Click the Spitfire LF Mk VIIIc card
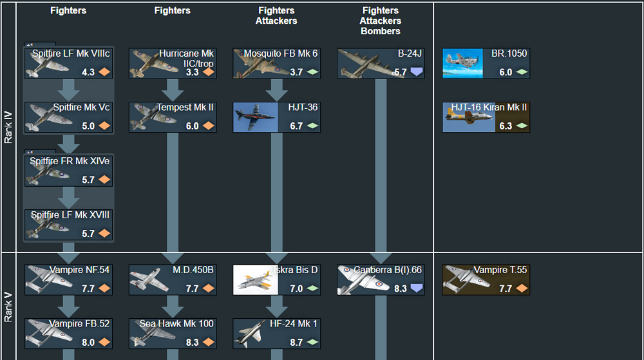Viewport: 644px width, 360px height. click(68, 63)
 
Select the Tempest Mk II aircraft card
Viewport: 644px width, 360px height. click(173, 117)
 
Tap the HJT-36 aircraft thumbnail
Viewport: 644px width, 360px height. click(256, 117)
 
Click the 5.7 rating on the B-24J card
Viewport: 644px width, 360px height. click(401, 72)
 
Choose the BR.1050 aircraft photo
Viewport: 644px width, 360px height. click(462, 63)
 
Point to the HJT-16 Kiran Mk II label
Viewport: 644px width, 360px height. click(489, 108)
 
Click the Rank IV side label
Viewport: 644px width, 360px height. click(8, 128)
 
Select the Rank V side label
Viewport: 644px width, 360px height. click(8, 307)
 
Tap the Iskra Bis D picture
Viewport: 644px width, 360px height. click(256, 279)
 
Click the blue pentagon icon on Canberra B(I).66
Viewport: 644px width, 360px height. click(417, 288)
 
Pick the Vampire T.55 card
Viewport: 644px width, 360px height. click(486, 279)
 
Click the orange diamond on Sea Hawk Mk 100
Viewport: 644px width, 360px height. click(209, 342)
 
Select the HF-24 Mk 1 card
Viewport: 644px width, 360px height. click(276, 334)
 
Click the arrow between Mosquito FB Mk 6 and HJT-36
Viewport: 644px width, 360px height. click(276, 90)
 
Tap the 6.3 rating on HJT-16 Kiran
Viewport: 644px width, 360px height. click(506, 126)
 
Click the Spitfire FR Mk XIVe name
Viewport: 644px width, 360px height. click(70, 161)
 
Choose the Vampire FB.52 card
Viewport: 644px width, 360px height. click(68, 334)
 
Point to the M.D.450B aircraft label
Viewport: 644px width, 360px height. click(193, 270)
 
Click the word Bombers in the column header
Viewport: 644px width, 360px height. click(381, 31)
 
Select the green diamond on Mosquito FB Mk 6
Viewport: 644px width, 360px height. click(313, 72)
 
